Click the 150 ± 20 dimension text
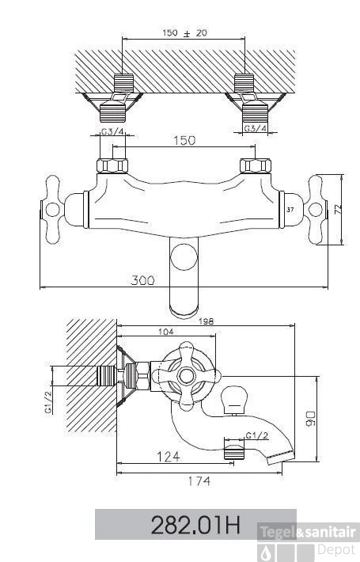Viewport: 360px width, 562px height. [x=185, y=33]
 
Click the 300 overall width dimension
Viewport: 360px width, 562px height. [x=143, y=280]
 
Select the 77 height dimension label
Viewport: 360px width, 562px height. [x=337, y=209]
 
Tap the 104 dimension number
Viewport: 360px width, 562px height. [x=166, y=332]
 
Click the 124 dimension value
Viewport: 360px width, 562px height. [x=169, y=457]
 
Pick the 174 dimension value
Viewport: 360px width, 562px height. [x=199, y=481]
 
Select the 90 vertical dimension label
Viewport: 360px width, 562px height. [x=311, y=418]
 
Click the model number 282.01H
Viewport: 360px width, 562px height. [x=195, y=525]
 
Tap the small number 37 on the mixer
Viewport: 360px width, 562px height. [x=290, y=210]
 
